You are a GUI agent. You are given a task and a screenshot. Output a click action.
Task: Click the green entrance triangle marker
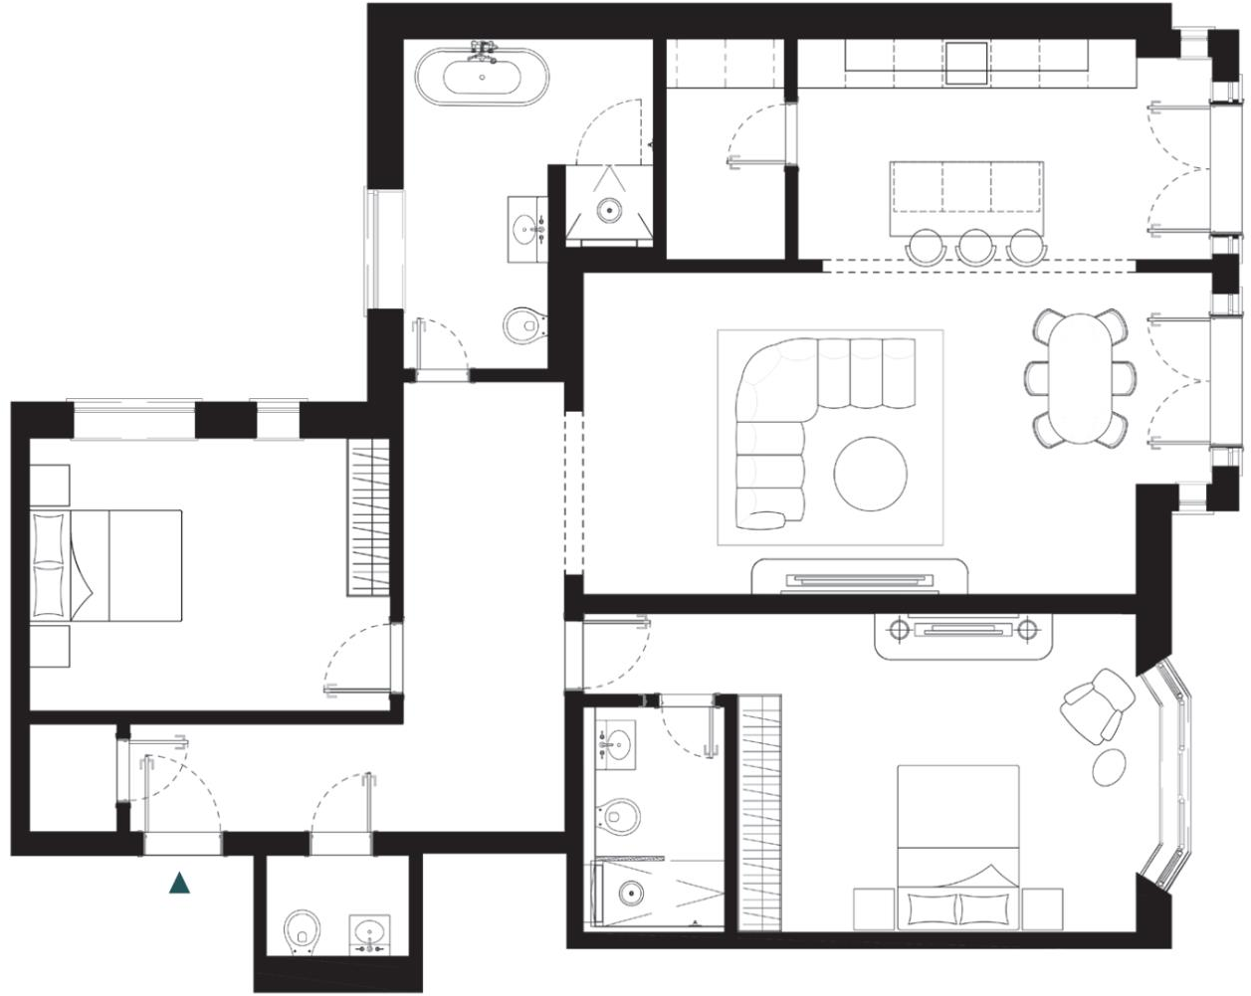180,882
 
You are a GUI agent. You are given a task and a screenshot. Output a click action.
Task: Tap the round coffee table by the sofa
870,472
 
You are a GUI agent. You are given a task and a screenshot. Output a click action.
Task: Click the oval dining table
1080,378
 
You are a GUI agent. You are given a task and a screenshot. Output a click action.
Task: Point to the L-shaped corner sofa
796,418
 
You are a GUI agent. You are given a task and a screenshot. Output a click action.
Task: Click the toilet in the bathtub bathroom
523,324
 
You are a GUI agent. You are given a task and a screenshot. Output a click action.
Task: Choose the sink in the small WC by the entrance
370,934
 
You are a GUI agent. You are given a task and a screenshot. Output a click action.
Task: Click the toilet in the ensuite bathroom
621,816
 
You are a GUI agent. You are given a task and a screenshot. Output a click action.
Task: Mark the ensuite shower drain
630,892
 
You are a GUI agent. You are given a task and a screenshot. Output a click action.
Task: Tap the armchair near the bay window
1098,704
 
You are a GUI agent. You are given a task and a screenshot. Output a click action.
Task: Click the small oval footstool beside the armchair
1109,765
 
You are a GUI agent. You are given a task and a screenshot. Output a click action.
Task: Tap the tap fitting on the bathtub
483,48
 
